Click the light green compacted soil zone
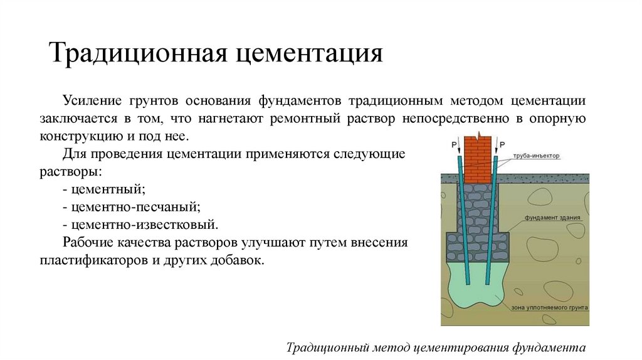click(x=479, y=295)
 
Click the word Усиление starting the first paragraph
click(x=93, y=101)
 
